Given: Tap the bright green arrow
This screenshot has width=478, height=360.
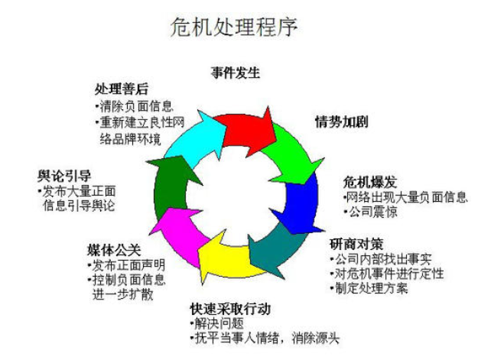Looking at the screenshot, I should click(x=291, y=149).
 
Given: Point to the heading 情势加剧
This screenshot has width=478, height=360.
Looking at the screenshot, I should click(x=340, y=122).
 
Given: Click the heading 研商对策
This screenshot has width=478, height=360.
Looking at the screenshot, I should click(x=352, y=245).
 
